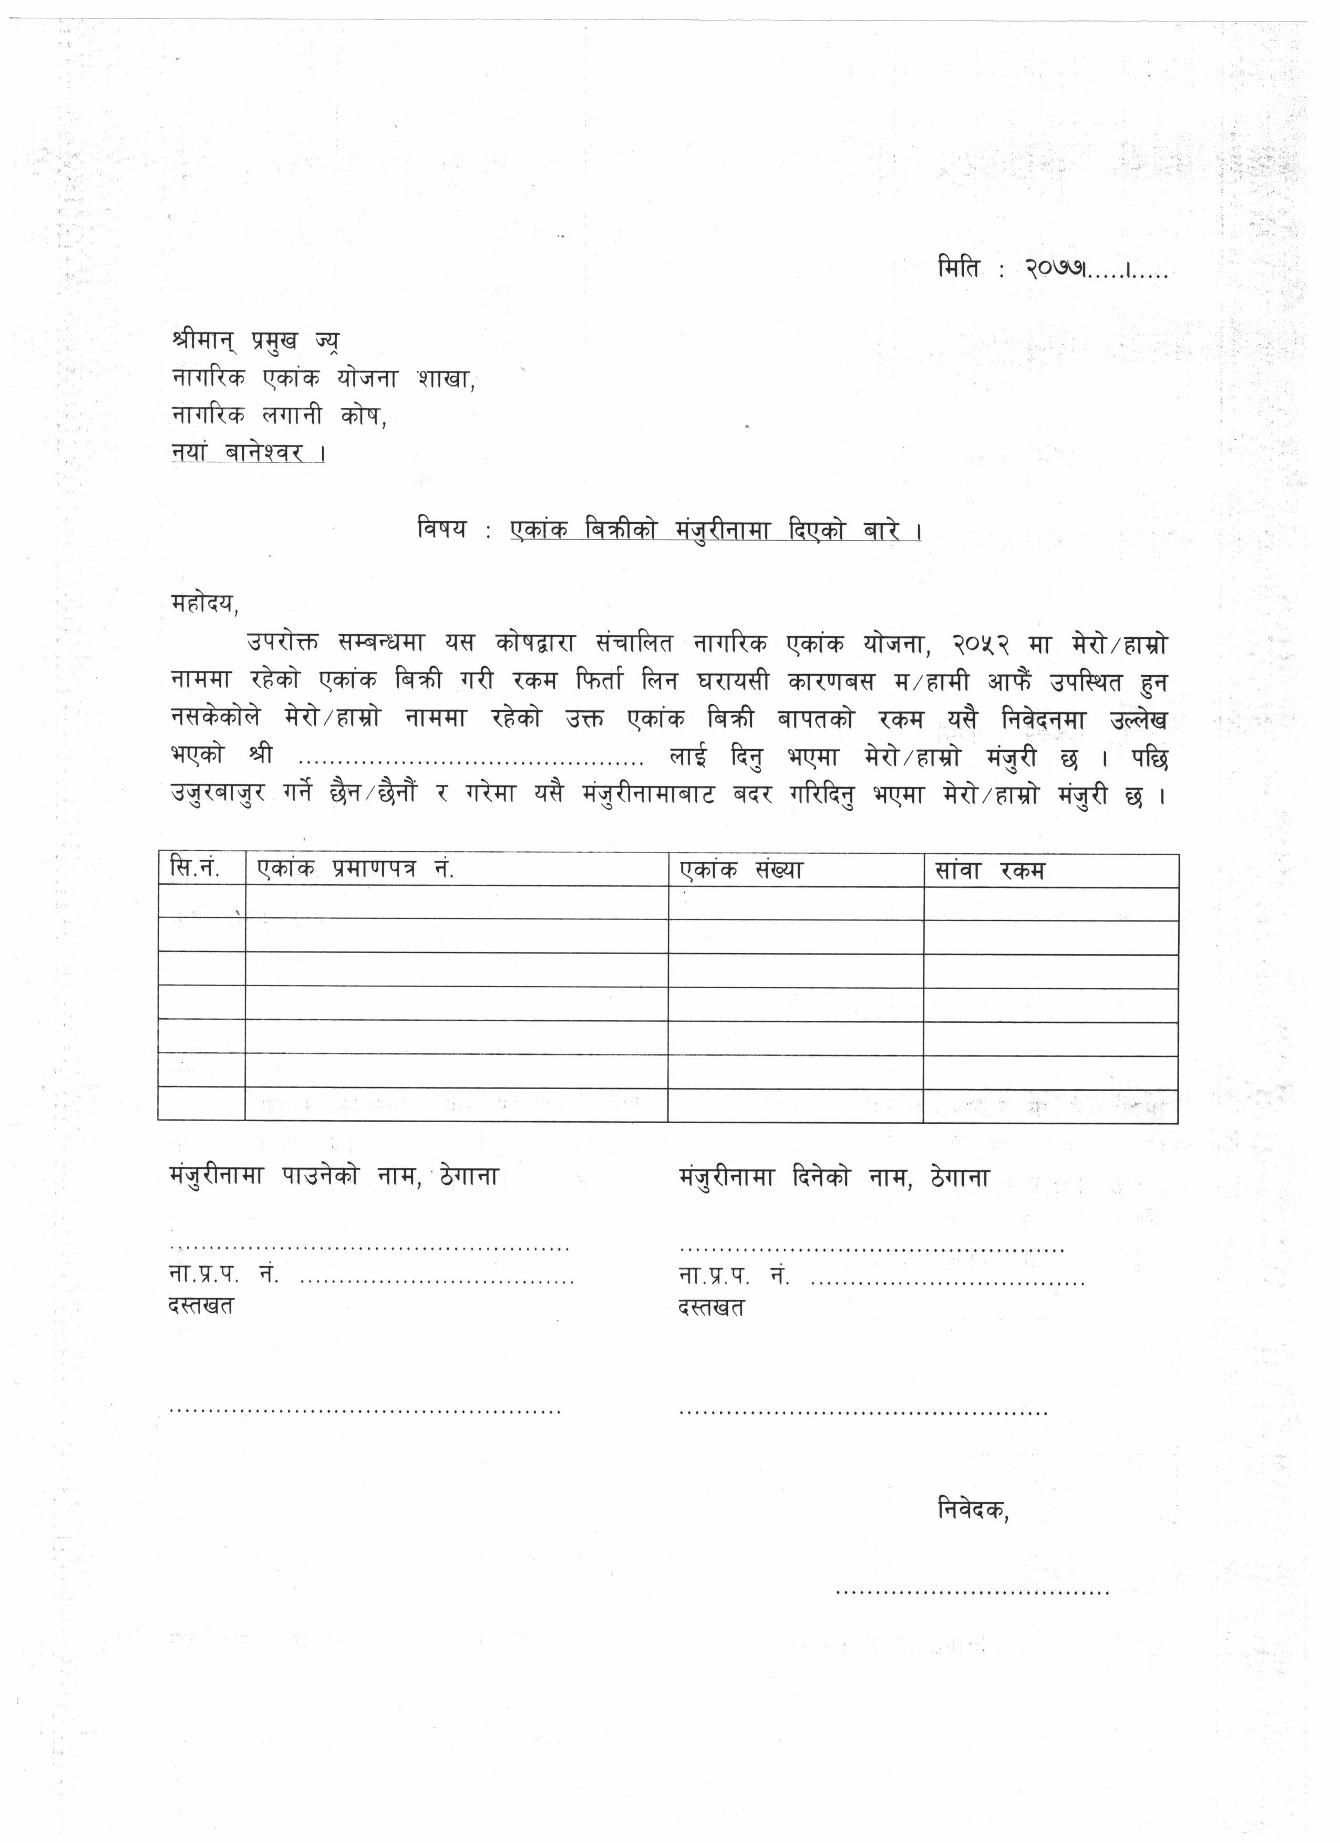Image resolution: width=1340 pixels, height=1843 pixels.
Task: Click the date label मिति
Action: [x=959, y=267]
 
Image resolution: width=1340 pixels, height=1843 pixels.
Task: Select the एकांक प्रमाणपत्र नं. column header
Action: [x=356, y=869]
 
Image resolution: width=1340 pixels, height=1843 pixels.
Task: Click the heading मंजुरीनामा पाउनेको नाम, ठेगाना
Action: [x=333, y=1177]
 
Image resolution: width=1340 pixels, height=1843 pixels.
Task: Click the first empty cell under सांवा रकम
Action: [x=1050, y=904]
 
